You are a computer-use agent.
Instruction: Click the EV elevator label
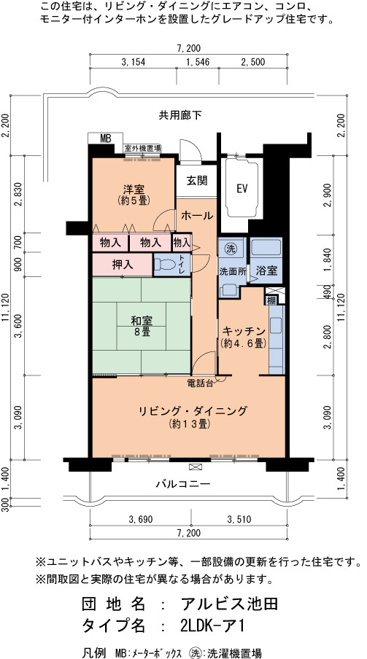(x=242, y=189)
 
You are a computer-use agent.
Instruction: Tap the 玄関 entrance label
(x=197, y=181)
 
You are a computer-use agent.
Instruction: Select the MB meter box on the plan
(x=105, y=139)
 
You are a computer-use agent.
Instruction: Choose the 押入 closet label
(x=123, y=265)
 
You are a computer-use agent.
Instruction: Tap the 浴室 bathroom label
(x=267, y=270)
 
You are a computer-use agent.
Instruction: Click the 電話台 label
(x=201, y=383)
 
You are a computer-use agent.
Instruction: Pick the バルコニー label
(x=183, y=484)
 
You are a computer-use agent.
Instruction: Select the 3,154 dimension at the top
(x=133, y=63)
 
